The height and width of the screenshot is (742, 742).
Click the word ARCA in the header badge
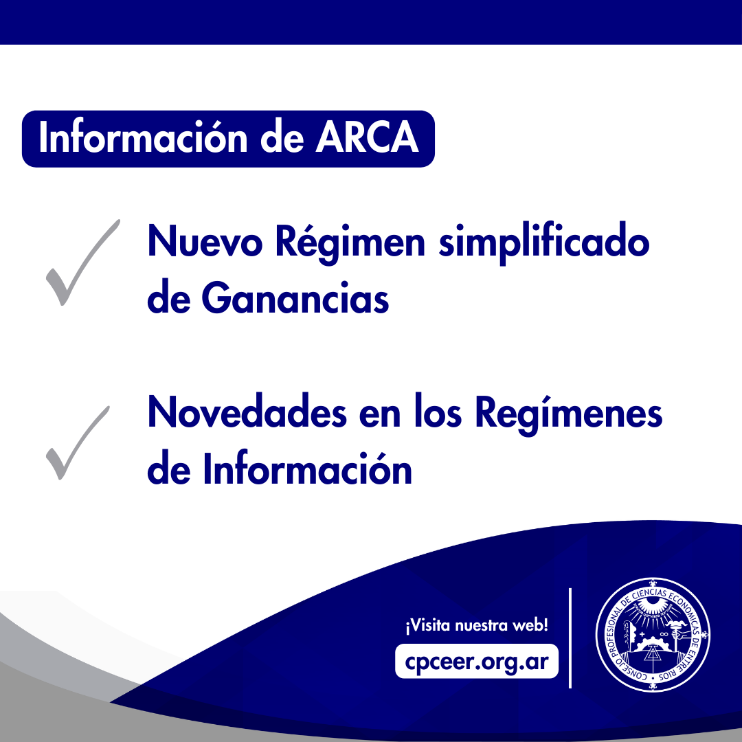[x=367, y=137]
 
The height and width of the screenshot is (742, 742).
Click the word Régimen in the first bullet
[x=350, y=243]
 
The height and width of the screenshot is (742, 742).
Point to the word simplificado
[x=544, y=243]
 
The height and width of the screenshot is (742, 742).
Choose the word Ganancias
[x=295, y=298]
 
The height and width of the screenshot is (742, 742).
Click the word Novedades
[x=247, y=412]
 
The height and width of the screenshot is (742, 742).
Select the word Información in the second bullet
[x=308, y=468]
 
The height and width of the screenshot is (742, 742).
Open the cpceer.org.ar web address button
[x=477, y=661]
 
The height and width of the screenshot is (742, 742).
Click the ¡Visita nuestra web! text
[x=477, y=625]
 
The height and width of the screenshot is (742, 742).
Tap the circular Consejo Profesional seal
[x=653, y=635]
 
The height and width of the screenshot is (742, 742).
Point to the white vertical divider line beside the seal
[x=570, y=638]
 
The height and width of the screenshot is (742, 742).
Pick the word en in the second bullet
[x=380, y=415]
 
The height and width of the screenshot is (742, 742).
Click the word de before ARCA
[x=282, y=137]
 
